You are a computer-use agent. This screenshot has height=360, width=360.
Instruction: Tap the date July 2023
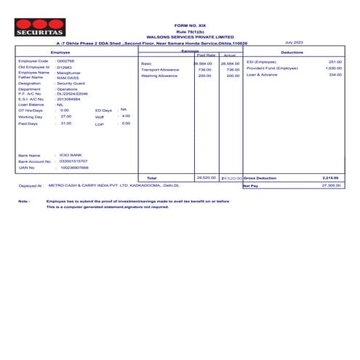coord(294,43)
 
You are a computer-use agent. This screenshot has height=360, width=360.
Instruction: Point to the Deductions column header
coord(292,53)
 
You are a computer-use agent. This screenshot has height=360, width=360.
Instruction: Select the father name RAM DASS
coord(67,77)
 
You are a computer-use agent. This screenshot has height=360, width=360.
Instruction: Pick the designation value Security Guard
coord(71,84)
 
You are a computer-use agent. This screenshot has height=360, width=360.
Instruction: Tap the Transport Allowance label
coord(160,70)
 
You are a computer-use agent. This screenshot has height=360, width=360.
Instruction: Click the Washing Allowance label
coord(159,76)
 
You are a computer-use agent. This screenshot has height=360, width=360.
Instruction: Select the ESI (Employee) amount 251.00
coord(335,62)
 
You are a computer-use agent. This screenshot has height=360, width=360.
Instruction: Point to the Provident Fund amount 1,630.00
coord(333,68)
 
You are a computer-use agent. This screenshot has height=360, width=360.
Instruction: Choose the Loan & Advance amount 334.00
coord(335,75)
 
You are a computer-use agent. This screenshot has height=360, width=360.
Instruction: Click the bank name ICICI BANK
coord(71,155)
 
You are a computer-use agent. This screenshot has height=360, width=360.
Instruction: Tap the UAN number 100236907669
coord(74,167)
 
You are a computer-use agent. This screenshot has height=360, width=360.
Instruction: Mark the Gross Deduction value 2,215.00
coord(331,177)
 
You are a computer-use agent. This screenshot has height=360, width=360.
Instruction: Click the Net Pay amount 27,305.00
coord(331,185)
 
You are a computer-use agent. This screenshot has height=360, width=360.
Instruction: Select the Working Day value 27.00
coord(66,116)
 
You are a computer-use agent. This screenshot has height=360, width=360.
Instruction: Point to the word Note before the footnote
coord(24,201)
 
